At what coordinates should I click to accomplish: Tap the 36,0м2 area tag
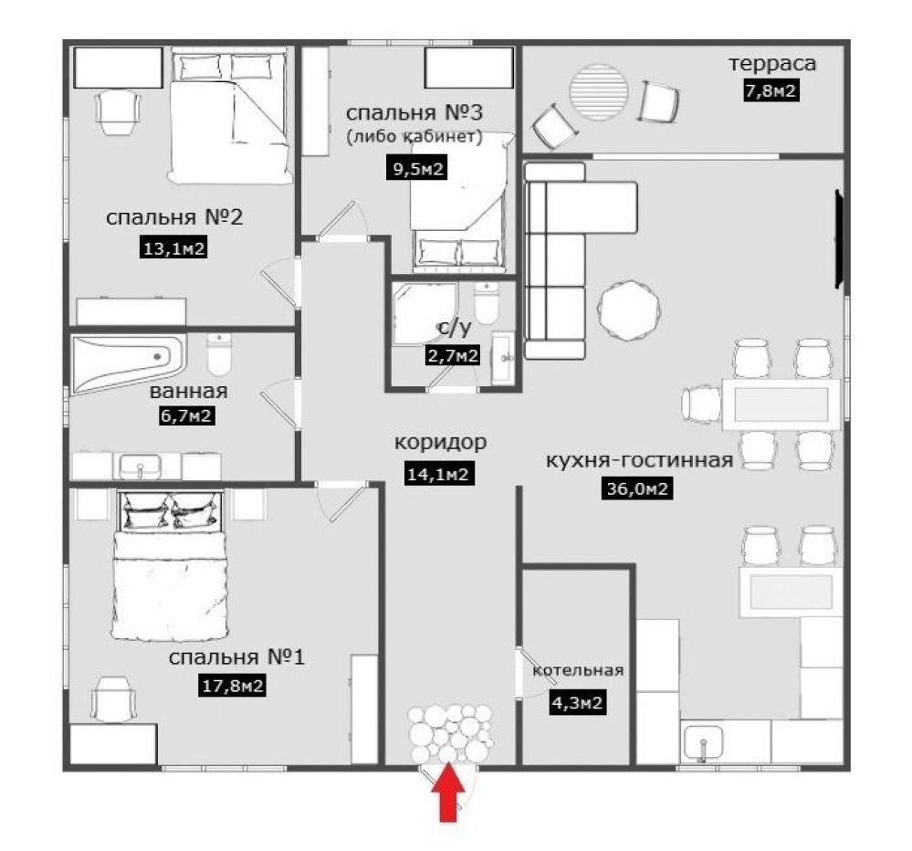click(x=637, y=489)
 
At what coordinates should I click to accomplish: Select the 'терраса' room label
click(x=772, y=63)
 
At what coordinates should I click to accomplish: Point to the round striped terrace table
click(x=599, y=91)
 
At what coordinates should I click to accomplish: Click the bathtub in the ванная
click(x=129, y=362)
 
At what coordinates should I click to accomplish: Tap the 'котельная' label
click(x=578, y=670)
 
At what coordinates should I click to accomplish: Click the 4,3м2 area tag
click(x=577, y=703)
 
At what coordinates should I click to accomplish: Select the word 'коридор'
click(x=440, y=443)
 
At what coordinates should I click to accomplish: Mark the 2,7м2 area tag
click(x=454, y=355)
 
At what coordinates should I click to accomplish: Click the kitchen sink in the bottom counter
click(x=703, y=741)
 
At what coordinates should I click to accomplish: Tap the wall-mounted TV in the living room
click(x=839, y=238)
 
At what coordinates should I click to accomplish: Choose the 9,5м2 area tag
click(x=417, y=169)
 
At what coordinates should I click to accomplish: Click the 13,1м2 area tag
click(x=173, y=248)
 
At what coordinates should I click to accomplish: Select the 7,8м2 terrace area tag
click(x=770, y=90)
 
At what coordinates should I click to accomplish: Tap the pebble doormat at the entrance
click(x=450, y=734)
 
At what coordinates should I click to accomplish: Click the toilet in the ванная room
click(x=219, y=354)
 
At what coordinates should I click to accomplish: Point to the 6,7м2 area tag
click(x=186, y=415)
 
